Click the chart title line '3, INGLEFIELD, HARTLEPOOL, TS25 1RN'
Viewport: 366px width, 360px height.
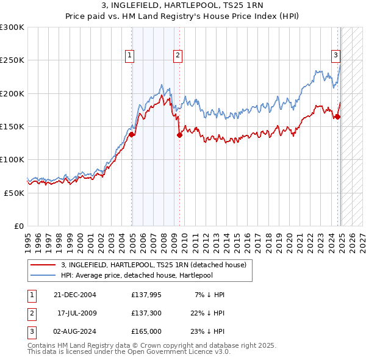click(x=182, y=5)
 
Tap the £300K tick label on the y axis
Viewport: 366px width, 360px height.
click(x=12, y=27)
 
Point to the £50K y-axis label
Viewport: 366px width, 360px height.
click(x=14, y=193)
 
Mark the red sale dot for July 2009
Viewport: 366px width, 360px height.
click(x=179, y=135)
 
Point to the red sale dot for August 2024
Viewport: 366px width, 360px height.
click(x=338, y=117)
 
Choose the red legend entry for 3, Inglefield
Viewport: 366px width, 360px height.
click(x=153, y=265)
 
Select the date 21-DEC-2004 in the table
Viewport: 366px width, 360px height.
click(x=75, y=295)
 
